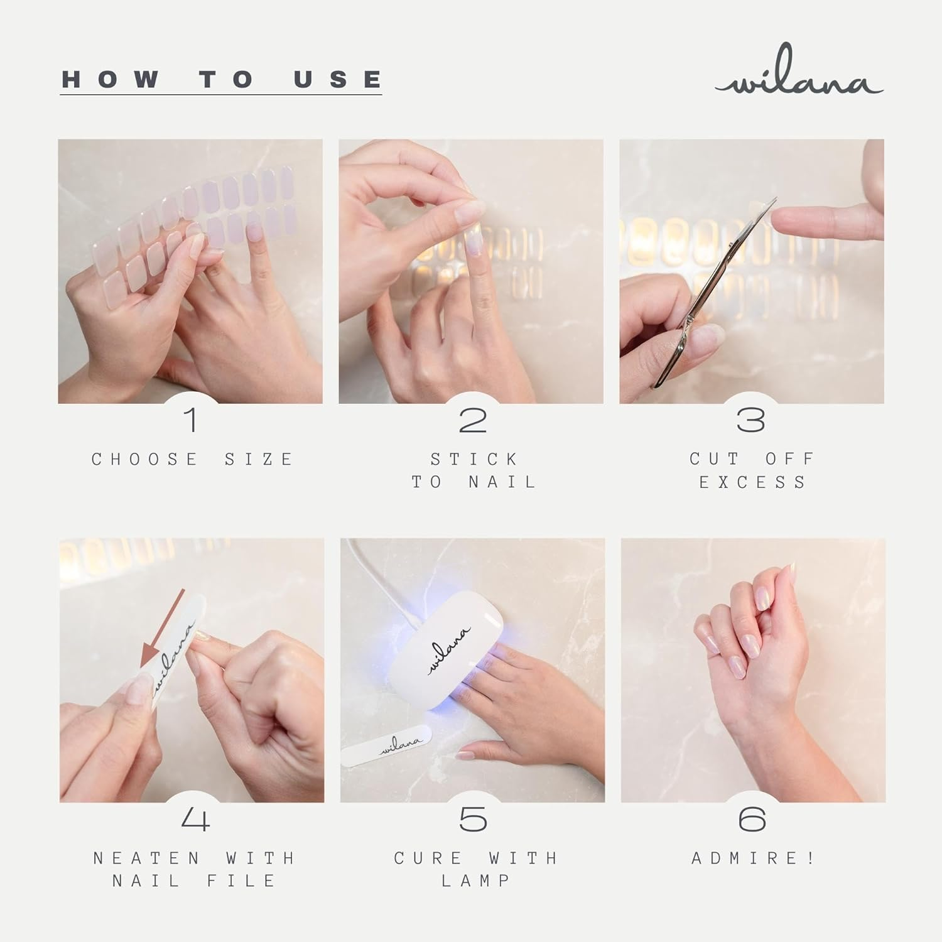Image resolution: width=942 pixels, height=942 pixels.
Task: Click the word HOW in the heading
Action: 111,79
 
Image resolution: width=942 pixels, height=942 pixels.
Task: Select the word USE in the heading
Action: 338,79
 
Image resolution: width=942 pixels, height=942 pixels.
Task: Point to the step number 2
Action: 473,420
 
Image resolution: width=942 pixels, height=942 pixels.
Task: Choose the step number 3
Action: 751,420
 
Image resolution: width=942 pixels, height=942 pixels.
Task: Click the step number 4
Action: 195,820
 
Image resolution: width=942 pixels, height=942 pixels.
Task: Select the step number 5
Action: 473,820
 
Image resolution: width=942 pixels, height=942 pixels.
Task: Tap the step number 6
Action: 752,820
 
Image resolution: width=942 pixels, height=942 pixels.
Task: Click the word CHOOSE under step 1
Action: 145,459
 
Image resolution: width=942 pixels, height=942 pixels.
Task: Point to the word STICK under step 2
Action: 474,459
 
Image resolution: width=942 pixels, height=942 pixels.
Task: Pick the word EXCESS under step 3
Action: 752,482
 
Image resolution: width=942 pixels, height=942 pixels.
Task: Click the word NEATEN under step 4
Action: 147,858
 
